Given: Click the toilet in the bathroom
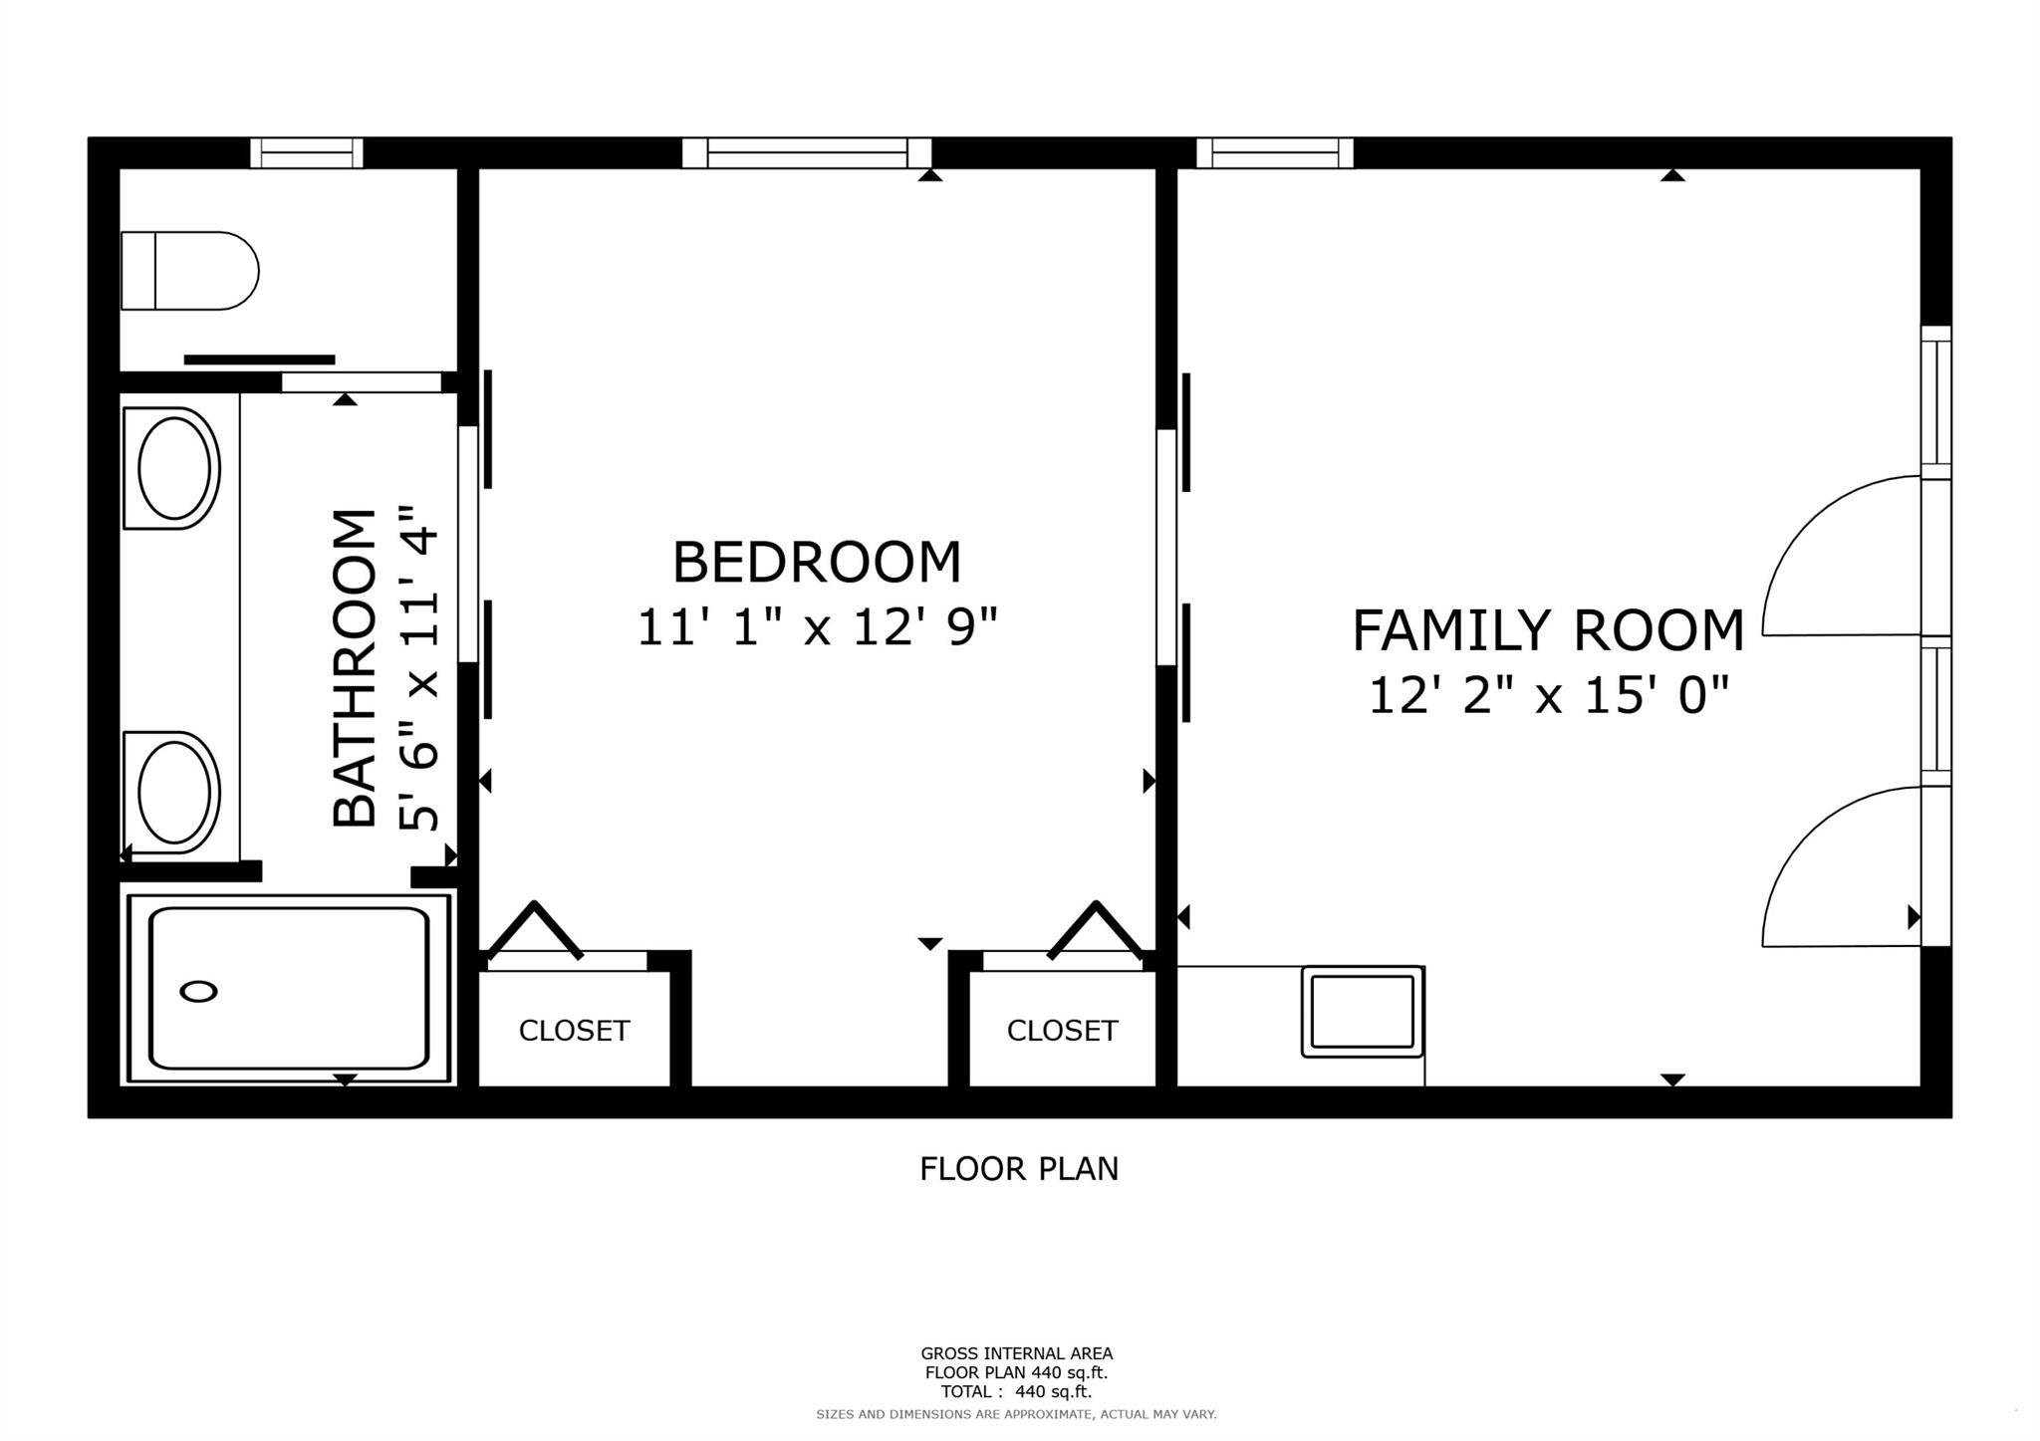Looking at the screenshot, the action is pos(189,271).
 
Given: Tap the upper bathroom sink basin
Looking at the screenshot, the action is pos(173,468).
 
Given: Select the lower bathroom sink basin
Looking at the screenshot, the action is pos(173,793).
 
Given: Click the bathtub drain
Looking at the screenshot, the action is pos(199,991).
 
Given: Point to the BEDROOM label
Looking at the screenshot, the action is pos(817,563).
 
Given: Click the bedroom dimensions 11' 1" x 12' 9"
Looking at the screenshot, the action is pos(817,627).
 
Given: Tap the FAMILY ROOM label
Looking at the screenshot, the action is pos(1548,630).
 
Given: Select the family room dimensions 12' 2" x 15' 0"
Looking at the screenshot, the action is pos(1548,695).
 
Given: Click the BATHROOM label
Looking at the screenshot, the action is pos(355,667).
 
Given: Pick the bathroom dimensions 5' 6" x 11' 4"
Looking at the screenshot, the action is pos(418,667).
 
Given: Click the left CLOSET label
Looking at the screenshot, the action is pos(575,1031).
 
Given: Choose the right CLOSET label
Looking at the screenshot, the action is pos(1063,1031).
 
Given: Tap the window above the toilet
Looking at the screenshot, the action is pos(307,152).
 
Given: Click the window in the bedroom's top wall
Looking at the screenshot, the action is pos(807,152).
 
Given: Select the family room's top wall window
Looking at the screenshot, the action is pos(1275,152).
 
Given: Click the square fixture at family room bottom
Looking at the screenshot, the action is pos(1363,1011).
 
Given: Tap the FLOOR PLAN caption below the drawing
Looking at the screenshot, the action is pos(1019,1168).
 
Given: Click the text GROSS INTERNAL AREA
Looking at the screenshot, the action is pos(1016,1353).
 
